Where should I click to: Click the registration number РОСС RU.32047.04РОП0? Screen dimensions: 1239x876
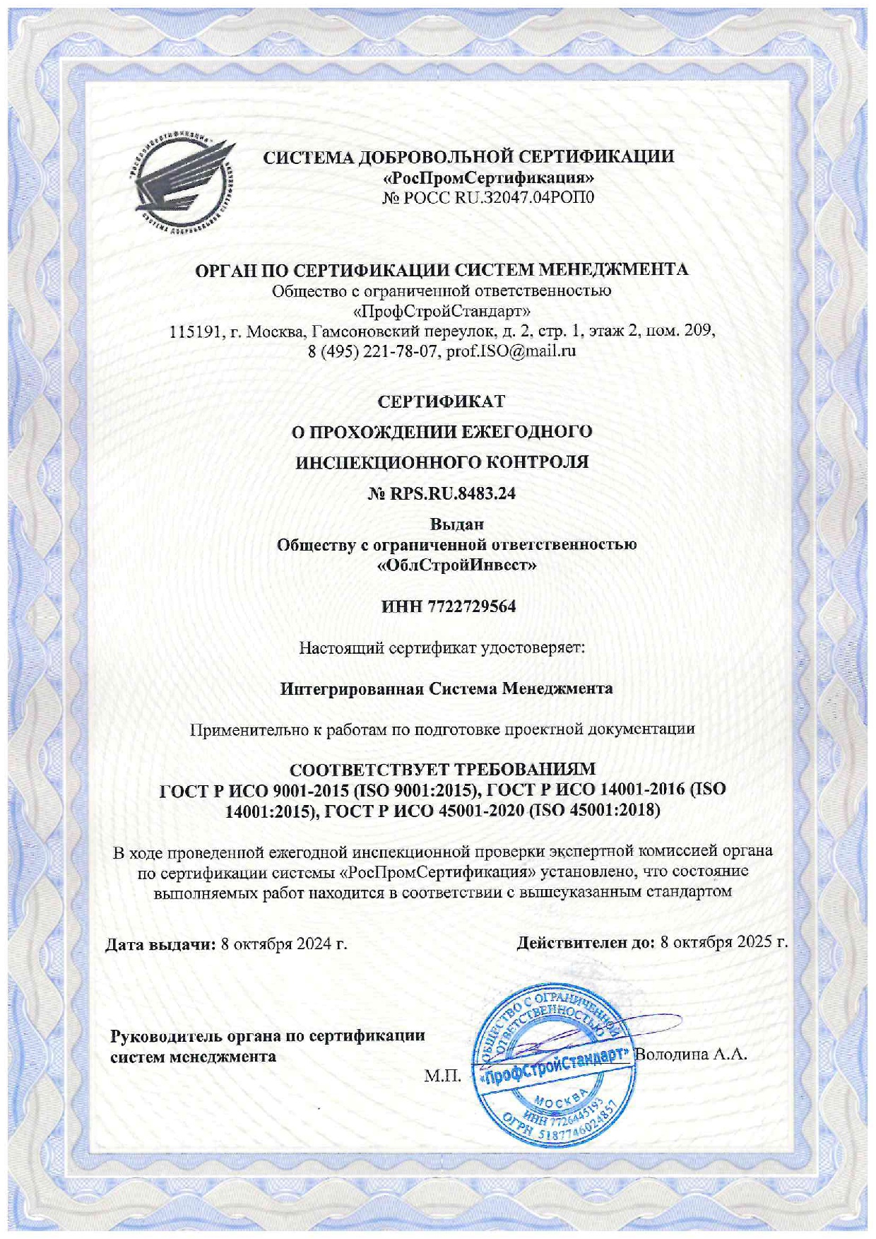499,197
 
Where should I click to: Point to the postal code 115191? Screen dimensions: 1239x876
194,330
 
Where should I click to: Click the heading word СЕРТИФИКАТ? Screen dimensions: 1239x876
442,401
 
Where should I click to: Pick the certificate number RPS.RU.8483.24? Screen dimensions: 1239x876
453,493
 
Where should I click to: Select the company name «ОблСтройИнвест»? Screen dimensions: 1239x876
456,565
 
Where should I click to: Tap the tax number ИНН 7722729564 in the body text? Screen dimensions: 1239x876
449,606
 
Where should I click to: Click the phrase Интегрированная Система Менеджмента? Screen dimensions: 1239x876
446,688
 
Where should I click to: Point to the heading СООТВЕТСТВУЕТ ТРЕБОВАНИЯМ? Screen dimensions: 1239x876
443,769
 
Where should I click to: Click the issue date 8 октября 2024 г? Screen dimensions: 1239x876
284,944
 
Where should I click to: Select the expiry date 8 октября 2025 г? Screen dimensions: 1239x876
724,942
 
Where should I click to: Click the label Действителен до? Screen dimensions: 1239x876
586,942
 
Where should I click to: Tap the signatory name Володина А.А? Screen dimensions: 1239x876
691,1055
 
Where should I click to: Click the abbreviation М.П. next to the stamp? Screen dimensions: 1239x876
442,1076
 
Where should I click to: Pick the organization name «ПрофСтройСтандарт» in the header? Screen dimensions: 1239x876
442,310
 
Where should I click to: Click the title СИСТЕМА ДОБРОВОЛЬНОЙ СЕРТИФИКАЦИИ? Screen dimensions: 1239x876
468,156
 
